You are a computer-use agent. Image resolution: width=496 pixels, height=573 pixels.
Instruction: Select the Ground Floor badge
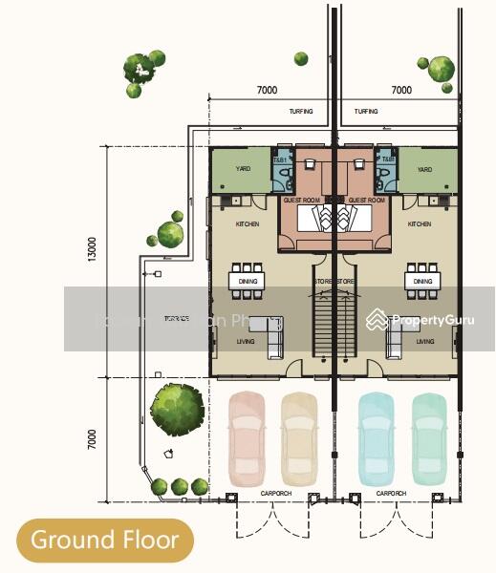tap(105, 541)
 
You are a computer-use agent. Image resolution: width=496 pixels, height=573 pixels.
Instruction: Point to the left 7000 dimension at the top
tap(267, 91)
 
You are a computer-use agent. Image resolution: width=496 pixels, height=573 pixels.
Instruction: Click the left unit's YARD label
tap(243, 170)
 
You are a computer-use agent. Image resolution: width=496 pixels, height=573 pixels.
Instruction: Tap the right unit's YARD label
tap(423, 170)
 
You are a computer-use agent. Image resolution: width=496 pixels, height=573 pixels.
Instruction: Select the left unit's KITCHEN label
tap(248, 224)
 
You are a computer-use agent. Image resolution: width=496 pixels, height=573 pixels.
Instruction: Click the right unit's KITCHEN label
tap(420, 224)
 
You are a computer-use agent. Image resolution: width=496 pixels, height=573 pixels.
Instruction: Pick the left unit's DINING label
tap(248, 282)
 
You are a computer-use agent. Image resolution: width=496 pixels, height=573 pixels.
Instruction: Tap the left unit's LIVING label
tap(248, 341)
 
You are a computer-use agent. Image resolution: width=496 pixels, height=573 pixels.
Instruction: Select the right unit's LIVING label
tap(425, 341)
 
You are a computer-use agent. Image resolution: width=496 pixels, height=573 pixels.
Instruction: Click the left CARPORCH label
tap(277, 493)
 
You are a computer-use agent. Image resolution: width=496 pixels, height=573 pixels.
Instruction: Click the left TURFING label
tap(300, 112)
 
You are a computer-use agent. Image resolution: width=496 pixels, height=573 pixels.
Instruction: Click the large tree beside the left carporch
tap(176, 409)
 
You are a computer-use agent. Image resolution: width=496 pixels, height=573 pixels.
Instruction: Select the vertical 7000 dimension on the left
tap(93, 440)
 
